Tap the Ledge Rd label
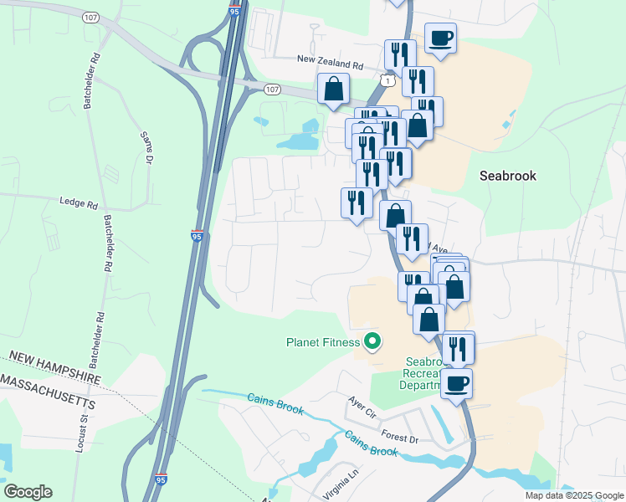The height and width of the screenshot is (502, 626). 79,203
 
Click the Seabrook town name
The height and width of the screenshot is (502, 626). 507,176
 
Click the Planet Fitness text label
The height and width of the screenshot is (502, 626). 322,342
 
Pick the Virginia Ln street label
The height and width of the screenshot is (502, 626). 341,486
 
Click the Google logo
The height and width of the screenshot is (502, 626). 28,492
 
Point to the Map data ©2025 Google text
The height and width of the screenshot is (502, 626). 573,495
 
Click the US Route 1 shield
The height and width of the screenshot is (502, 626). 385,79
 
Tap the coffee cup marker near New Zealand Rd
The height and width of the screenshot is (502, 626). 440,38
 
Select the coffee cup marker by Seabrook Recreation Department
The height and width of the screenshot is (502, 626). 456,383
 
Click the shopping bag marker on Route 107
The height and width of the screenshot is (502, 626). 333,89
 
